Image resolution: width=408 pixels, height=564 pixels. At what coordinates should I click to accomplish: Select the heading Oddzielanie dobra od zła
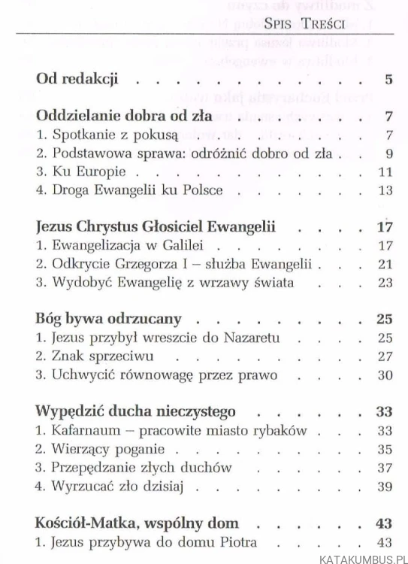[122, 117]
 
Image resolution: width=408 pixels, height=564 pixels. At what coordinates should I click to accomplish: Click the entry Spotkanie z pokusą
[98, 135]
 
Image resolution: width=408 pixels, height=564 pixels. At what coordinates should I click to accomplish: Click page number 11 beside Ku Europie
[385, 172]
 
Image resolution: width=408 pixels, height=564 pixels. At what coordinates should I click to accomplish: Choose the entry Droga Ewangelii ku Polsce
[130, 190]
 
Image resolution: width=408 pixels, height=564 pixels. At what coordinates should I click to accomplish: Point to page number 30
[385, 373]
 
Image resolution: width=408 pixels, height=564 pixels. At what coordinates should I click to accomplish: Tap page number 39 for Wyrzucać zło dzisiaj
[385, 486]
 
